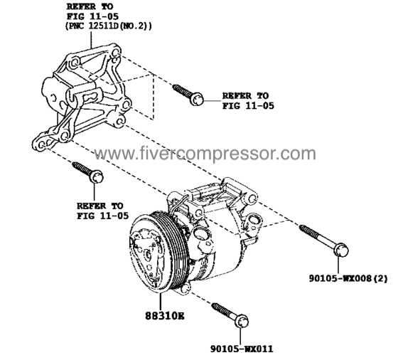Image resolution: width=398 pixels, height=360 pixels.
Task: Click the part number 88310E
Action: (x=165, y=316)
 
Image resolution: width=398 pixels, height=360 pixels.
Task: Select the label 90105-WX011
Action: (x=242, y=349)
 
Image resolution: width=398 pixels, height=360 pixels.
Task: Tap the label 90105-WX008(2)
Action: (x=348, y=279)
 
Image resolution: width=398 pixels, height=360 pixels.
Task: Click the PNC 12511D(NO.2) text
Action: (x=109, y=26)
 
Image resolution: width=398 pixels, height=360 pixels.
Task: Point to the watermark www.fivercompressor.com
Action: (x=205, y=154)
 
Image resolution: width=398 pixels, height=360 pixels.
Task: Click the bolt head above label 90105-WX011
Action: (x=242, y=322)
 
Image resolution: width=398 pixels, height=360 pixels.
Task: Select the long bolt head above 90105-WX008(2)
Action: (x=341, y=250)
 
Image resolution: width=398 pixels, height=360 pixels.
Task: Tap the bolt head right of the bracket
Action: (x=197, y=99)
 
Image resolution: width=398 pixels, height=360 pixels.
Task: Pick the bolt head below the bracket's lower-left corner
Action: (x=97, y=176)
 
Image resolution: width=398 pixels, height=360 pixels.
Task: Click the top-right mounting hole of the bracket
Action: (x=115, y=53)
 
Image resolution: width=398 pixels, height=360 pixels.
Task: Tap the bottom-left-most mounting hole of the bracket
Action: (x=42, y=144)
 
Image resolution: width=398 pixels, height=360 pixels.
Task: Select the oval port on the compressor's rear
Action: (x=253, y=219)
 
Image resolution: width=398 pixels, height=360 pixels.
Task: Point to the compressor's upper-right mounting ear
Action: (x=252, y=199)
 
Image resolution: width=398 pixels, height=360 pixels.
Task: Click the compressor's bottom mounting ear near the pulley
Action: (x=186, y=288)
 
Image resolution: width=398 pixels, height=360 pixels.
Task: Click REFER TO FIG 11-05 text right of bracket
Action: (x=248, y=100)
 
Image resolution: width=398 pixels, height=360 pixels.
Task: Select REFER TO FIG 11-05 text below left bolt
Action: (x=103, y=211)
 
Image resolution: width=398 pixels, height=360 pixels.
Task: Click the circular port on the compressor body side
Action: (x=203, y=234)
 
